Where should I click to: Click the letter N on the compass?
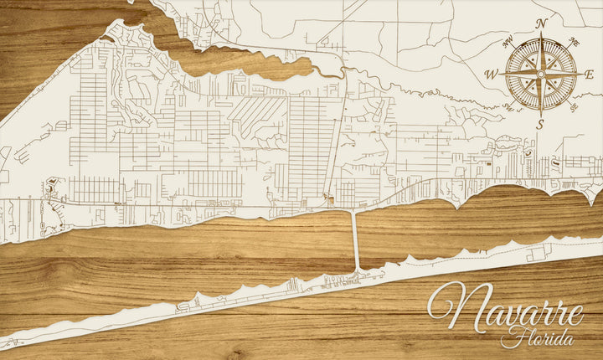pyautogui.click(x=541, y=23)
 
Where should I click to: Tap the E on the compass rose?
pyautogui.click(x=589, y=75)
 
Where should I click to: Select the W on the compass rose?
pyautogui.click(x=492, y=75)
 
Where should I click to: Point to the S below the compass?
pyautogui.click(x=541, y=124)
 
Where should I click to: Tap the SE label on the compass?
pyautogui.click(x=575, y=108)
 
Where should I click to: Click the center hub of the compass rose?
pyautogui.click(x=541, y=74)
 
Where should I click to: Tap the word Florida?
pyautogui.click(x=537, y=339)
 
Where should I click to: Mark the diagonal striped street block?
pyautogui.click(x=258, y=113)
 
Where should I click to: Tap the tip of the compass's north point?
pyautogui.click(x=541, y=33)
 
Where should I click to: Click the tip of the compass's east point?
pyautogui.click(x=583, y=74)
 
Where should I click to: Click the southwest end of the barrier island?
pyautogui.click(x=5, y=343)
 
